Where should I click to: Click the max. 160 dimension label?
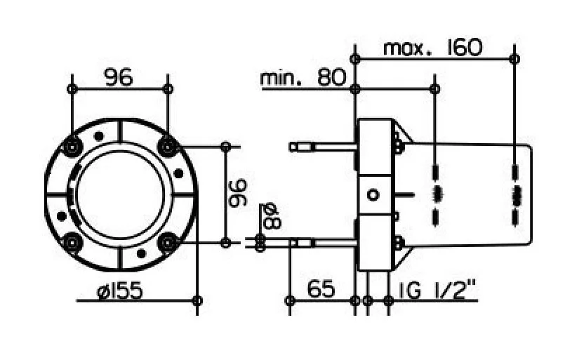click(x=432, y=47)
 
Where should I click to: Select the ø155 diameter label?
click(x=120, y=291)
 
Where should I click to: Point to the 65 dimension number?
click(x=321, y=288)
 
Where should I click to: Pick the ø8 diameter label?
click(x=272, y=216)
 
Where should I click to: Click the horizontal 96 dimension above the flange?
click(x=119, y=77)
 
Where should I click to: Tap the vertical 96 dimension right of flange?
click(x=238, y=194)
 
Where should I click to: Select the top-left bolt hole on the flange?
click(x=73, y=147)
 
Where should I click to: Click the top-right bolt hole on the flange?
click(x=168, y=147)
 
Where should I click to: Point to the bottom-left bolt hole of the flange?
click(x=72, y=243)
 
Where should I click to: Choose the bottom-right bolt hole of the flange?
click(x=168, y=243)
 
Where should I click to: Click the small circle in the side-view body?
click(x=373, y=195)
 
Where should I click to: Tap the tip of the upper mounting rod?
click(x=290, y=147)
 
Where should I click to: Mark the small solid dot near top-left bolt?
click(x=98, y=136)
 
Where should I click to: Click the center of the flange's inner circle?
click(x=120, y=194)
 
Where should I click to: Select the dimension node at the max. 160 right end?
click(x=514, y=59)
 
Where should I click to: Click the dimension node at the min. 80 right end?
click(x=435, y=88)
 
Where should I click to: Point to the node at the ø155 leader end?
click(x=197, y=300)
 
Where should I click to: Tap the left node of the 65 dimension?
click(x=290, y=300)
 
